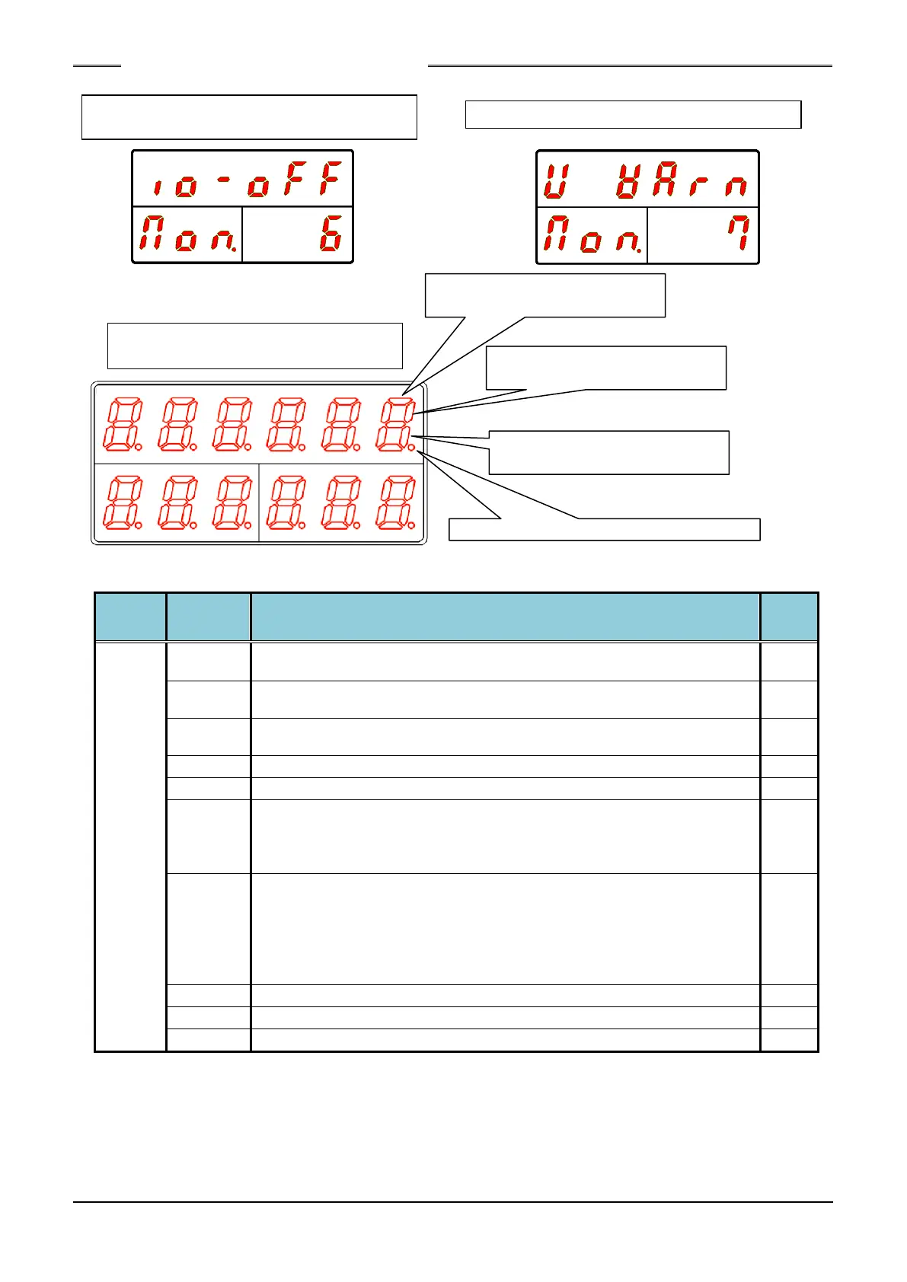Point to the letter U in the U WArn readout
tap(557, 180)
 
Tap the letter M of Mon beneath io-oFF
tap(153, 234)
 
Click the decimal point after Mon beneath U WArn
tap(640, 250)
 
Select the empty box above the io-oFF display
tap(249, 117)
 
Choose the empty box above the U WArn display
tap(633, 114)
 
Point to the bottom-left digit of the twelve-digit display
tap(120, 502)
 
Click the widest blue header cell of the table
tap(505, 617)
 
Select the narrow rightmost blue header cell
tap(789, 617)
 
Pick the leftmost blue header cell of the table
tap(130, 617)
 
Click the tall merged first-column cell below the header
tap(130, 847)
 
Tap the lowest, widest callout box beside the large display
tap(605, 529)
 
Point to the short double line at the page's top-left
tap(97, 66)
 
